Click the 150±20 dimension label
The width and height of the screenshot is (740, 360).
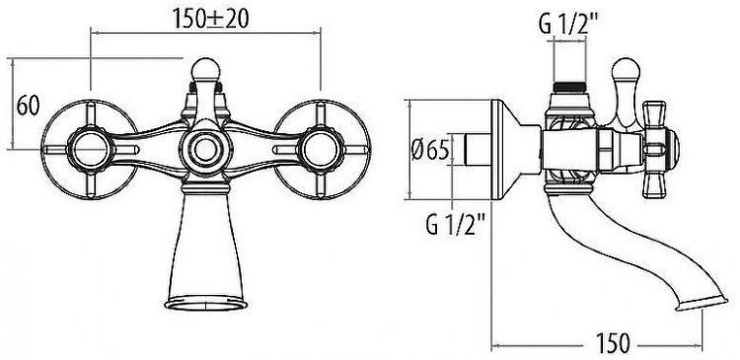210,19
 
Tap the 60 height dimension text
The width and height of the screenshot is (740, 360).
28,106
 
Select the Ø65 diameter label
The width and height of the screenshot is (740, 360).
429,151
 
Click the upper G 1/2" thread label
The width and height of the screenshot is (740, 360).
568,24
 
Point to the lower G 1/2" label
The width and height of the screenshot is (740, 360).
456,224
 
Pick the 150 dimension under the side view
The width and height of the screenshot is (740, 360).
613,343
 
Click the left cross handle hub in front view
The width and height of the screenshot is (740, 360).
90,150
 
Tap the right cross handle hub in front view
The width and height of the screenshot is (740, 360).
321,150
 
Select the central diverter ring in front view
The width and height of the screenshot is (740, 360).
206,150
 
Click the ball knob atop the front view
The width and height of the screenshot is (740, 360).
206,69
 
